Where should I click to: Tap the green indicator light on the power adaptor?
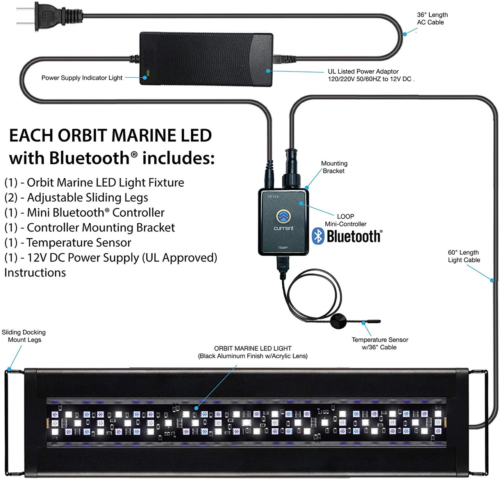click(148, 73)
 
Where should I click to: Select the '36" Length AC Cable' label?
click(432, 19)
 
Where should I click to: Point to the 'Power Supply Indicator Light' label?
click(82, 78)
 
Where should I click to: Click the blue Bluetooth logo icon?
click(318, 236)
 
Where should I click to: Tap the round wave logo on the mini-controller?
click(283, 216)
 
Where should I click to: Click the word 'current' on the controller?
click(283, 228)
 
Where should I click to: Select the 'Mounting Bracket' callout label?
click(334, 167)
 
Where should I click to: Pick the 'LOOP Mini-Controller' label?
click(346, 220)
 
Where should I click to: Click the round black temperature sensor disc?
click(338, 321)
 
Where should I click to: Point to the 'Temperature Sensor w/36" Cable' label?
click(380, 344)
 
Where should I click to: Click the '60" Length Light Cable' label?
click(464, 256)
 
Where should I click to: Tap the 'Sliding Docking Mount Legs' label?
click(24, 336)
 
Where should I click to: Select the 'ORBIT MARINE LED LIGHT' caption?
click(253, 349)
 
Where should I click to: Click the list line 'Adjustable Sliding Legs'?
click(77, 198)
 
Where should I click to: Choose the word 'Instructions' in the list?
click(35, 272)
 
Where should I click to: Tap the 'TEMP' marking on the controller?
click(283, 248)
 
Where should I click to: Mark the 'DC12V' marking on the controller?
click(273, 196)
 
